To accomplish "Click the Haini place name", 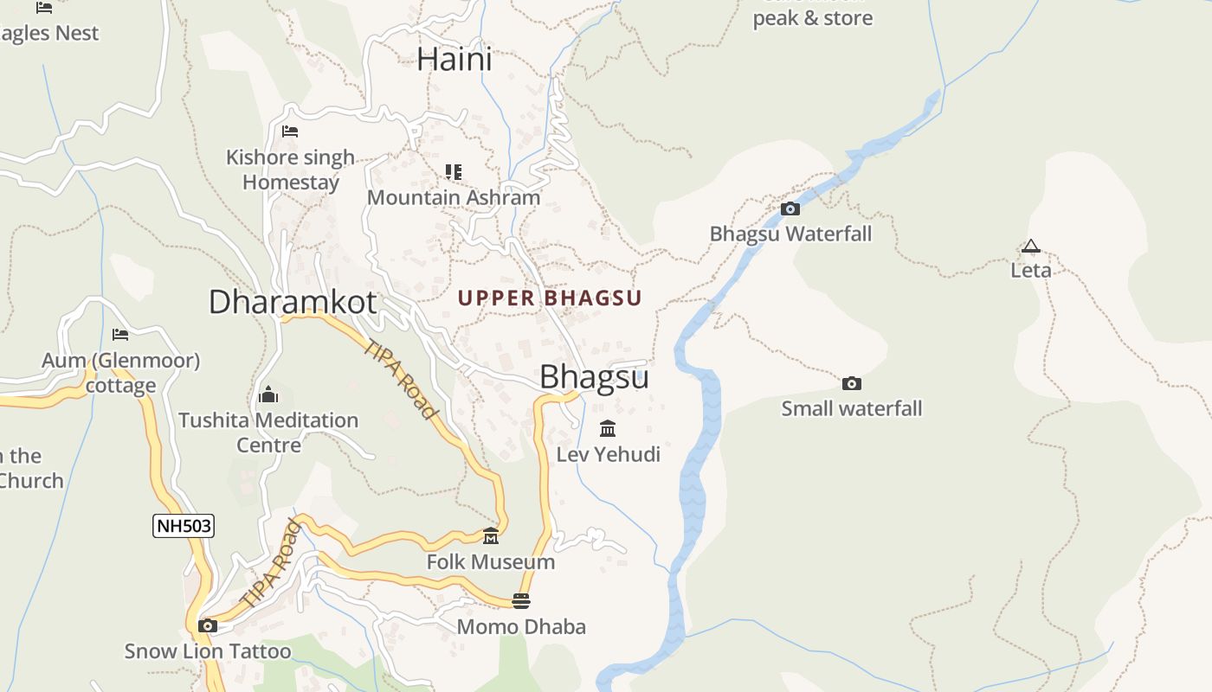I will tap(454, 59).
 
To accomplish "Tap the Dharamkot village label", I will tap(293, 302).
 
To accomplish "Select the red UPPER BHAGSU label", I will tap(550, 298).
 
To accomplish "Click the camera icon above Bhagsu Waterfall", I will tap(790, 208).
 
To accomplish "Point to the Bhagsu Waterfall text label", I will tap(790, 234).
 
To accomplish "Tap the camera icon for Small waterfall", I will tap(852, 383).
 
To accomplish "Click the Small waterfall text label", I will tap(852, 408).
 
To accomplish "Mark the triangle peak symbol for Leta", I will tap(1030, 247).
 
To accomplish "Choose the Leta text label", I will tap(1031, 270).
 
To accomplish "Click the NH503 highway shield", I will tap(184, 526).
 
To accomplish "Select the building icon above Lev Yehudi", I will tap(608, 429).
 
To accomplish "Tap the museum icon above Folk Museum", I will tap(491, 536).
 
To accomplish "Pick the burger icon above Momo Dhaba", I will tap(521, 601).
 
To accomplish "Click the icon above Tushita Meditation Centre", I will tap(268, 395).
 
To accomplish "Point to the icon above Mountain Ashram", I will tap(454, 172).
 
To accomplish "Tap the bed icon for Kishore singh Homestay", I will tap(290, 131).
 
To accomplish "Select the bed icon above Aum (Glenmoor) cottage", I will tap(120, 335).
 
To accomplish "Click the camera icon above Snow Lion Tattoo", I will tap(207, 625).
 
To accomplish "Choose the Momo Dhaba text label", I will tap(521, 626).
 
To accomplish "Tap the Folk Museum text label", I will tap(491, 562).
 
